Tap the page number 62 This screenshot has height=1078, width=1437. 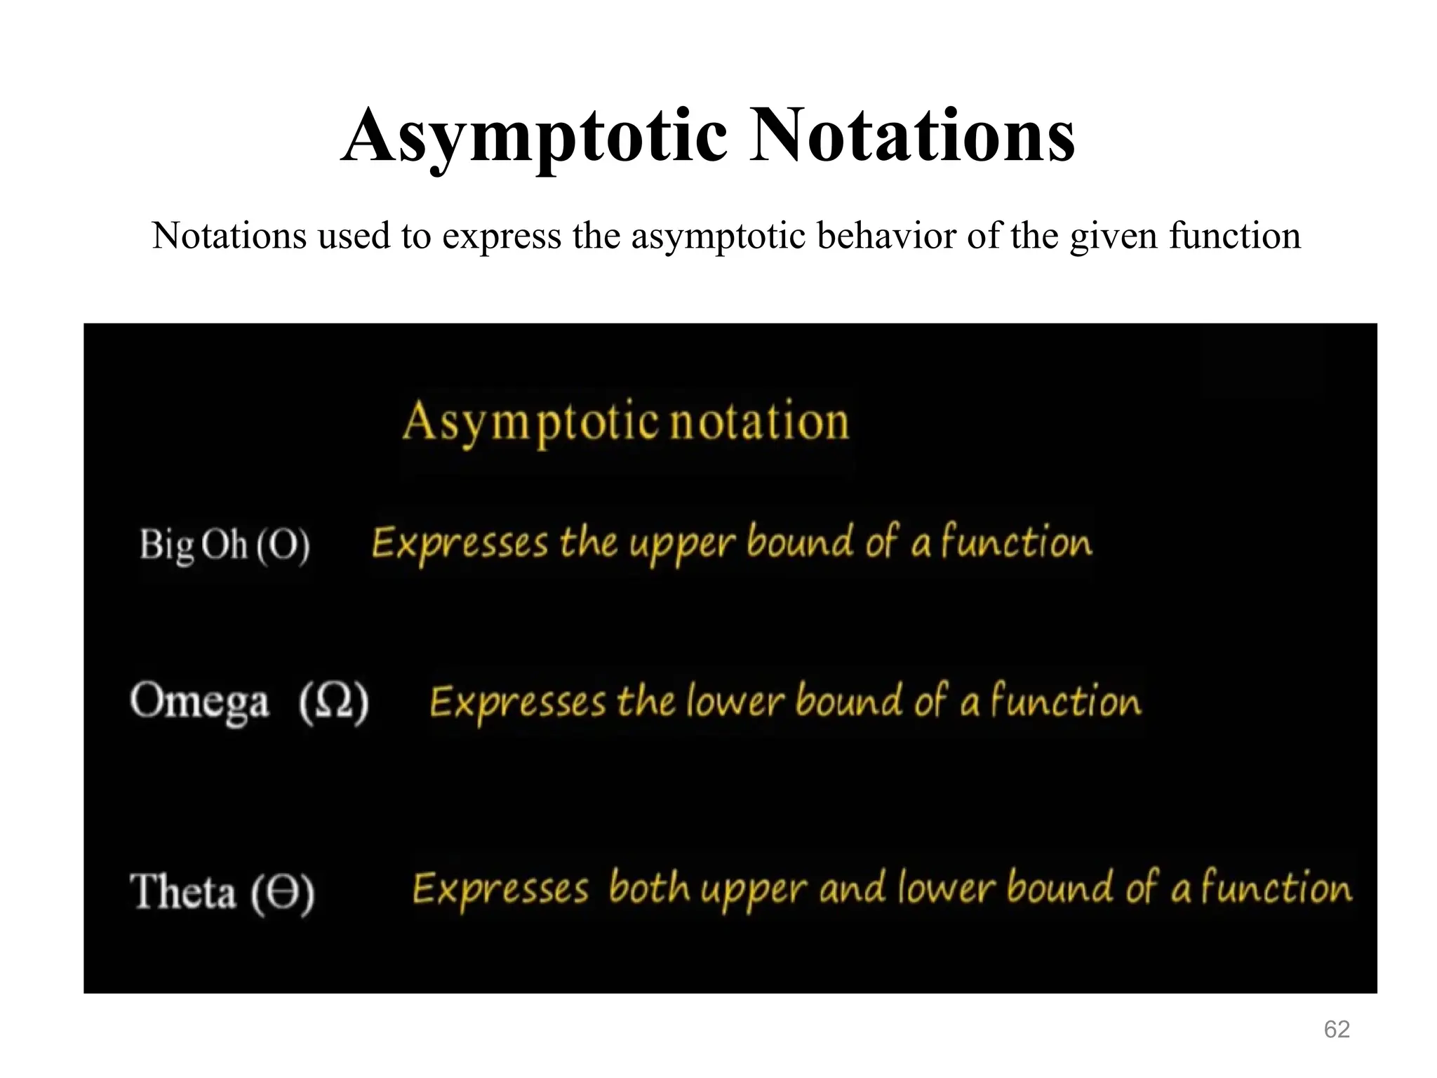tap(1337, 1029)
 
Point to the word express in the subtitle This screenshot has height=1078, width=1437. tap(502, 237)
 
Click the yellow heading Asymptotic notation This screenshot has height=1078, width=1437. tap(626, 421)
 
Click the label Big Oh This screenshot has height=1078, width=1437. tap(193, 545)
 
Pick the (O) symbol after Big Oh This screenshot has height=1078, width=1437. tap(282, 545)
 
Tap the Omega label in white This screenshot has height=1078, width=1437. tap(200, 702)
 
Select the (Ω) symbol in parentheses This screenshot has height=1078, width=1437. tap(334, 702)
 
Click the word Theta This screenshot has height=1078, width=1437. tap(183, 891)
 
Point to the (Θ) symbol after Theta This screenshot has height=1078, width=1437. tap(283, 893)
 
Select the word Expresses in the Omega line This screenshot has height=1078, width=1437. tap(518, 702)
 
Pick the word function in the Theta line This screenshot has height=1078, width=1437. tap(1276, 888)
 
